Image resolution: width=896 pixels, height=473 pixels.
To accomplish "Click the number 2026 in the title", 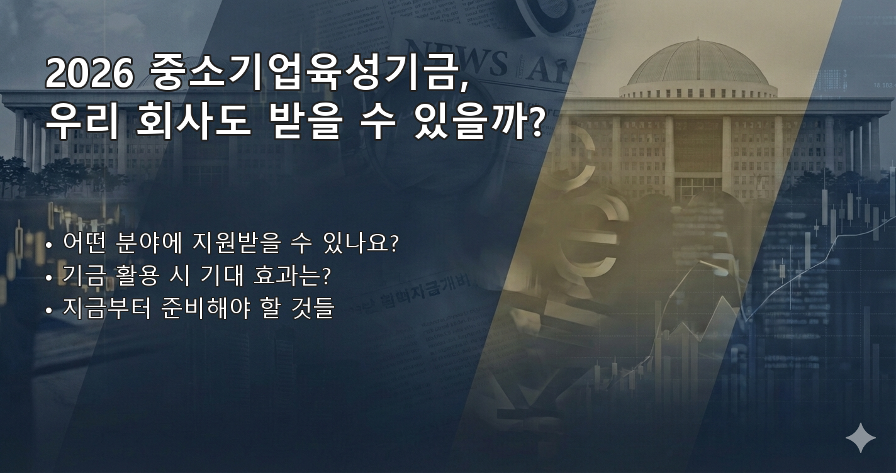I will click(x=89, y=75).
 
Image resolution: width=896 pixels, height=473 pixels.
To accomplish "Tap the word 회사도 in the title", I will click(x=194, y=121).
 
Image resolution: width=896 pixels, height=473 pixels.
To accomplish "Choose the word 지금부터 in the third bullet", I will click(x=107, y=309).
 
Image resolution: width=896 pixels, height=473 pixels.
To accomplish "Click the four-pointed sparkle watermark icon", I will click(x=860, y=437).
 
